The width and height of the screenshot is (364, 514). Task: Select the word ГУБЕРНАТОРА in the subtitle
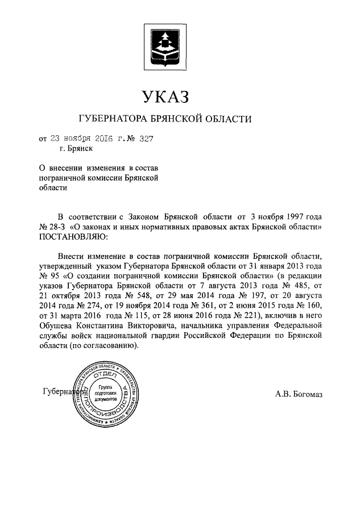coord(110,119)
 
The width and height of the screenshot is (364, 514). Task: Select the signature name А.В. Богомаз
coord(298,393)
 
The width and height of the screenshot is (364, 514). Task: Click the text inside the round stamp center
coord(105,392)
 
